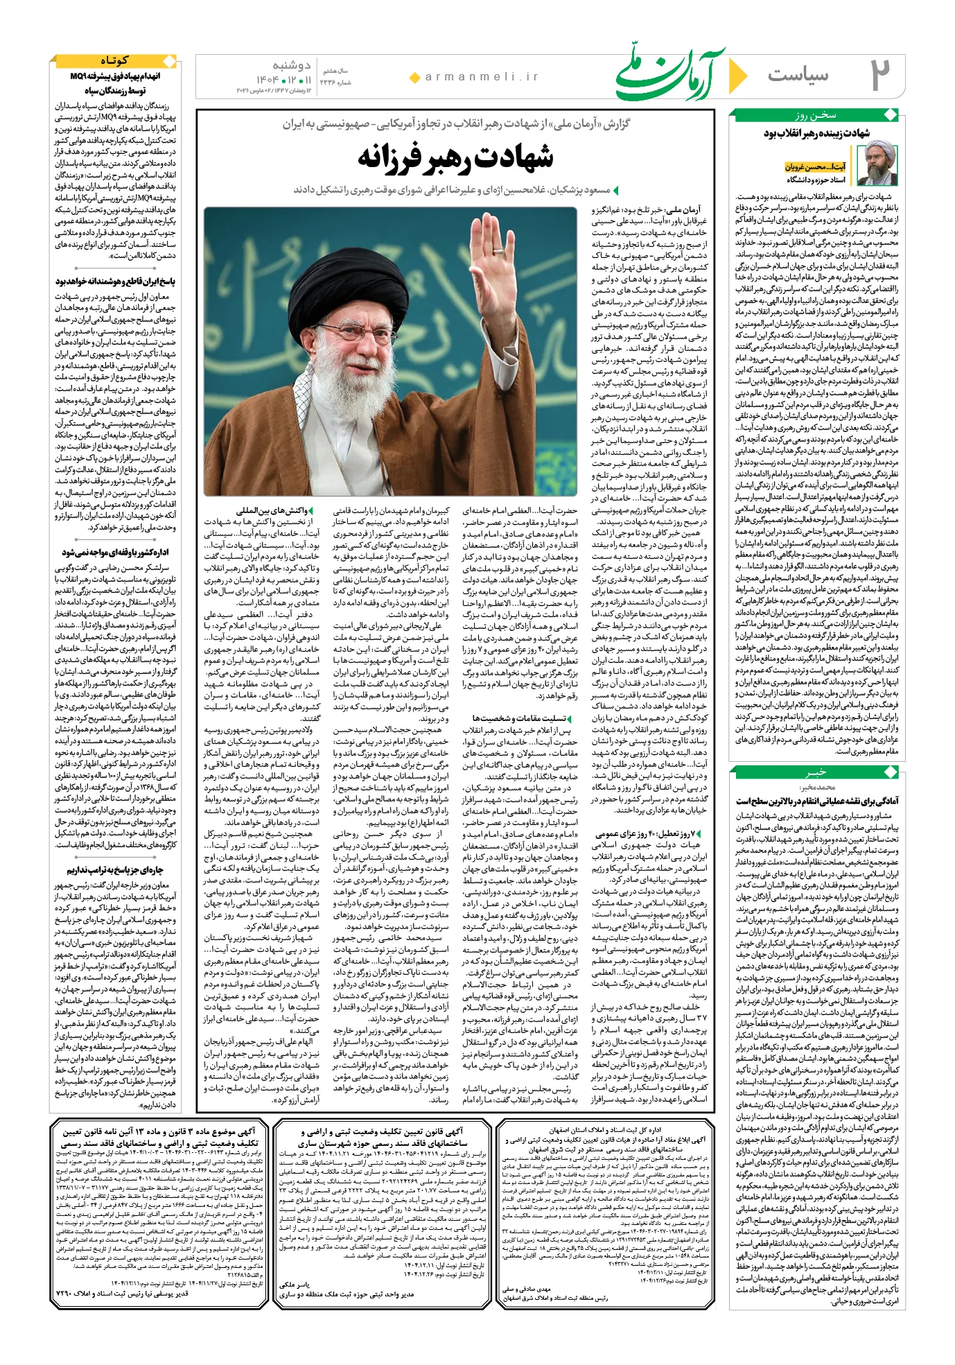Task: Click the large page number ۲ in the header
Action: coord(880,75)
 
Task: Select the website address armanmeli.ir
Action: coord(482,77)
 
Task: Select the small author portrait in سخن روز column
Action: coord(877,164)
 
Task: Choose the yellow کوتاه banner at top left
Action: coord(114,60)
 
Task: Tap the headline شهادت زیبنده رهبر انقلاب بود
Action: coord(817,132)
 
